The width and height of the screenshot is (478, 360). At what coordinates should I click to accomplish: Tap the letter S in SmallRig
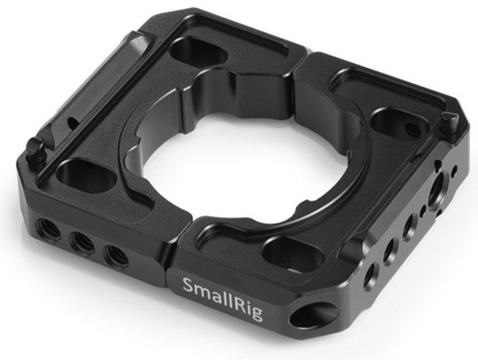(x=188, y=286)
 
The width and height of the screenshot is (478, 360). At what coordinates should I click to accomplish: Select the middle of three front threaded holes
(x=83, y=243)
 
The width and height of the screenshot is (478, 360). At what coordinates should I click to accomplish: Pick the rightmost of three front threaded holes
(x=116, y=257)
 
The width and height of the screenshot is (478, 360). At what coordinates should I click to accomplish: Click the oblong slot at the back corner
(x=197, y=51)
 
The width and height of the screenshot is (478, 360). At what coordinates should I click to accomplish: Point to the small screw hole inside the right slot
(x=411, y=128)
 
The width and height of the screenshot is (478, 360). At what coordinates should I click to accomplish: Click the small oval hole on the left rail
(x=73, y=124)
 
